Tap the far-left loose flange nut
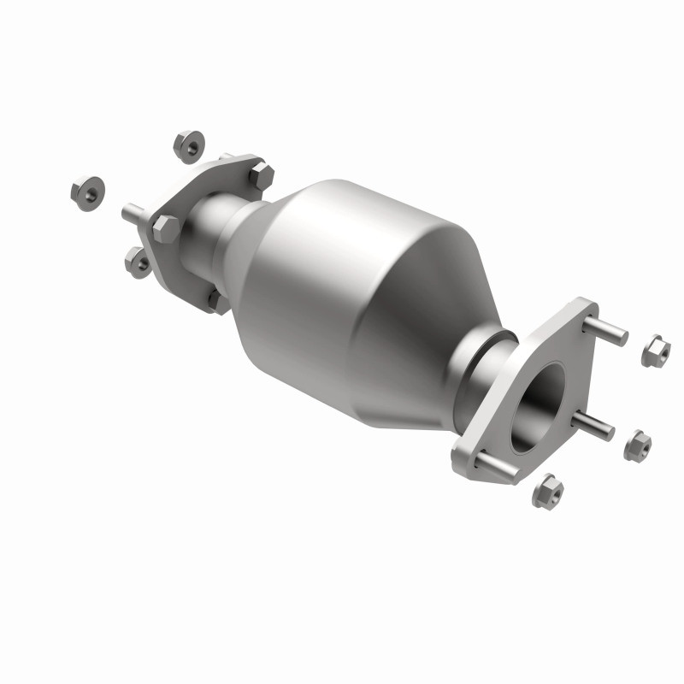(x=86, y=192)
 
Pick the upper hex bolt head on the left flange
(x=261, y=176)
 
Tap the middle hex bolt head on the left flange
(x=166, y=229)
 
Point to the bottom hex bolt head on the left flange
(x=217, y=301)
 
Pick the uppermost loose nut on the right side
(x=655, y=351)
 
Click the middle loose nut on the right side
(x=637, y=445)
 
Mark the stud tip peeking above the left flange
(x=226, y=156)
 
